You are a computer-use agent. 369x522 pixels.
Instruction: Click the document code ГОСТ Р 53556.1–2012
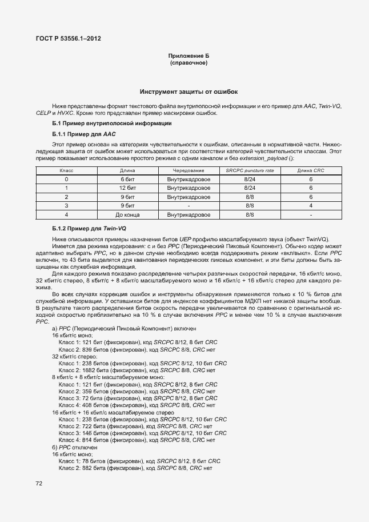click(x=69, y=39)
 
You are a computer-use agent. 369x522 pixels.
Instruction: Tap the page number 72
click(x=39, y=483)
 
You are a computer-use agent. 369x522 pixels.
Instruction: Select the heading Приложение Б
click(x=188, y=55)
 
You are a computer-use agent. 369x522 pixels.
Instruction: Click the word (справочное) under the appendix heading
click(x=188, y=62)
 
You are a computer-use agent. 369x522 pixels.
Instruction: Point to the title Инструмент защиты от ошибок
click(x=188, y=91)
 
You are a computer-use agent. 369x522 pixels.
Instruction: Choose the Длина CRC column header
click(x=310, y=170)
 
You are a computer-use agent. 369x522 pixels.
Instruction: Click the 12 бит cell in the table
click(x=127, y=188)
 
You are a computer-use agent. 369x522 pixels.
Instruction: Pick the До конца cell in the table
click(x=127, y=214)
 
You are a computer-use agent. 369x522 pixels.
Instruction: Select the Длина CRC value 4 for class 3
click(x=310, y=205)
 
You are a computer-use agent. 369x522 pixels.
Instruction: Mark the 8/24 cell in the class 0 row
click(x=249, y=179)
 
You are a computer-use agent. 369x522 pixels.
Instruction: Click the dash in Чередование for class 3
click(x=188, y=205)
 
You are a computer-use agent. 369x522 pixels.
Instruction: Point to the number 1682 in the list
click(x=89, y=370)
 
